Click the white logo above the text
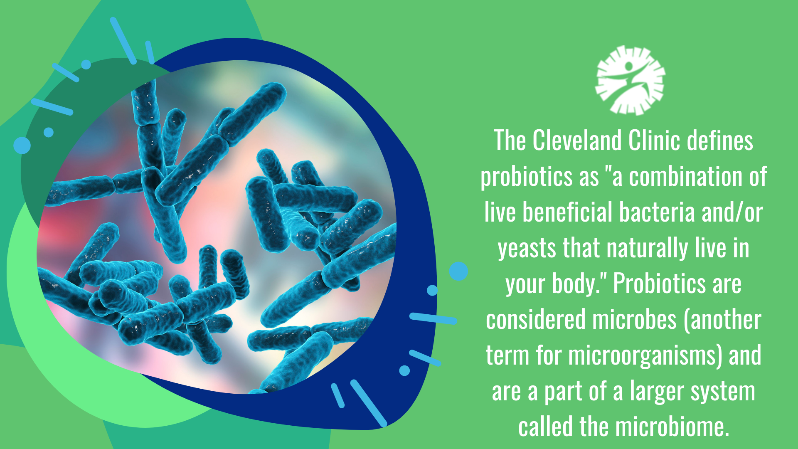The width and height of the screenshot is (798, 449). pos(630,80)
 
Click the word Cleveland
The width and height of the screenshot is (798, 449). pos(577,141)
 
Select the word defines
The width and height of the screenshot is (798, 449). pos(720,141)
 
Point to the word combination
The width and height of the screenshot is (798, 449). pos(685,176)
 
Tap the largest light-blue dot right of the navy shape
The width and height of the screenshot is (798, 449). pos(458,271)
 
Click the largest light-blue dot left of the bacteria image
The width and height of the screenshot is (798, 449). pos(22,145)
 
